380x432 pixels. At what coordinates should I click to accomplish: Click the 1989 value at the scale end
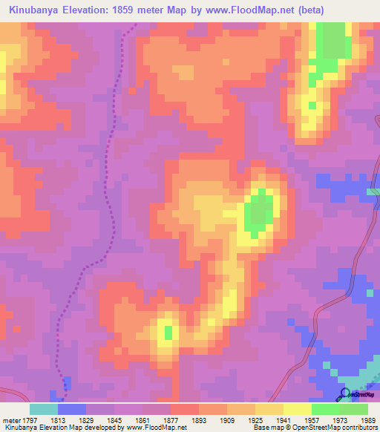367,420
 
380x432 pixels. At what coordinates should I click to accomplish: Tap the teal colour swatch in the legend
43,409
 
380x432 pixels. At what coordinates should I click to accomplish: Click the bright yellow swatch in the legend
297,409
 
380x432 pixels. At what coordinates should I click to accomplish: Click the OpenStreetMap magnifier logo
344,394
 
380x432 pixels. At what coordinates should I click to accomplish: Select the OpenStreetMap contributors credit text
336,428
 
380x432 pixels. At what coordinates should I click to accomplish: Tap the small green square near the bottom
168,332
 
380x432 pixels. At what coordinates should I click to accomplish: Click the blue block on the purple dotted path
67,383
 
